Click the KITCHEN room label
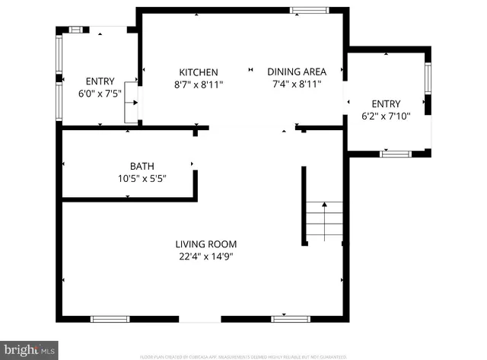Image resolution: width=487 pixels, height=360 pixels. [x=199, y=72]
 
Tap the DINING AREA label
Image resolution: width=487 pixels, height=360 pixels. [x=294, y=72]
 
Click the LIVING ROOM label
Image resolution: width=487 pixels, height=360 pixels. [x=206, y=244]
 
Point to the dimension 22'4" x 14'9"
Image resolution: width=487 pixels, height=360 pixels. [x=206, y=256]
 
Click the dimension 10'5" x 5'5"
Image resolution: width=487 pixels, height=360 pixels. [x=142, y=178]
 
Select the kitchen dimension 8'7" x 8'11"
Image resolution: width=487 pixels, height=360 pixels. [x=199, y=84]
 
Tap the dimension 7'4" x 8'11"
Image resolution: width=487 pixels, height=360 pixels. [x=294, y=84]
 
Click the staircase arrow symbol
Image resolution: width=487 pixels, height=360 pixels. [x=323, y=204]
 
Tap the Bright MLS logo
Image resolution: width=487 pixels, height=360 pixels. [x=30, y=350]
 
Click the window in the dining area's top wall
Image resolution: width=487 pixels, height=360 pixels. [x=306, y=11]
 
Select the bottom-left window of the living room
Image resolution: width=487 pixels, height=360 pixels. [x=104, y=318]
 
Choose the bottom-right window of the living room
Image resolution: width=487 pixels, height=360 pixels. [x=287, y=318]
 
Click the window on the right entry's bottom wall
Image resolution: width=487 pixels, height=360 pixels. [x=395, y=154]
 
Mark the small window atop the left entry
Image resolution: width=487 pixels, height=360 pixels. [x=76, y=29]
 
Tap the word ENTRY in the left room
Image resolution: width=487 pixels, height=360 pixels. [x=99, y=81]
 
